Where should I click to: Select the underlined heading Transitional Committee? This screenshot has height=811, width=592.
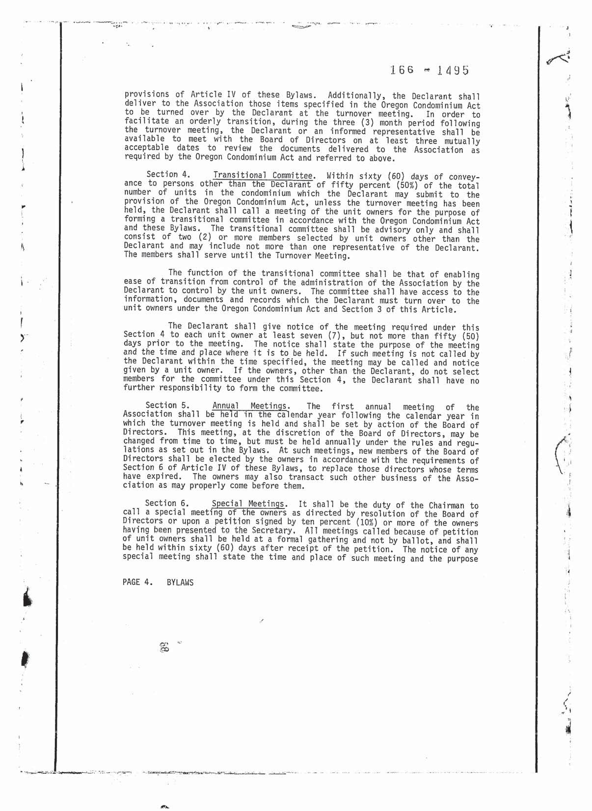click(263, 175)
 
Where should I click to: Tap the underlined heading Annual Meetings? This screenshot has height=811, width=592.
click(250, 406)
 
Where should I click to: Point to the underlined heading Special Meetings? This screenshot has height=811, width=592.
click(248, 504)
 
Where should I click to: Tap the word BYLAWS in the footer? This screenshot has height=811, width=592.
click(180, 583)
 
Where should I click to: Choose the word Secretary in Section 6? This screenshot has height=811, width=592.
click(275, 531)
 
